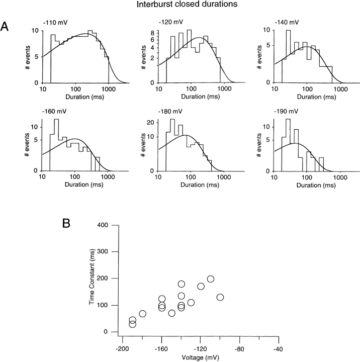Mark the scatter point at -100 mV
coord(220,297)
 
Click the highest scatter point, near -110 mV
coord(211,279)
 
